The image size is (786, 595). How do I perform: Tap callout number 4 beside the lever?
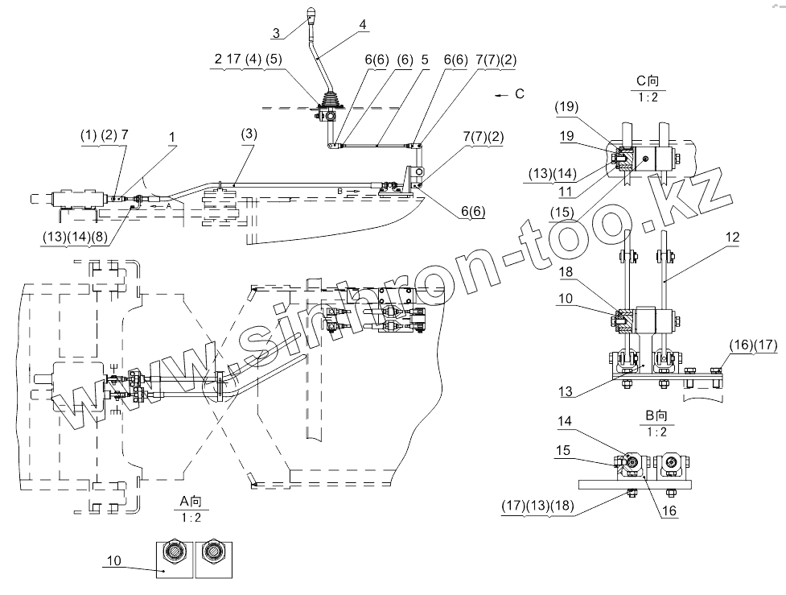click(363, 25)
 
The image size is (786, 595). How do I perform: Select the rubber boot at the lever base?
click(331, 101)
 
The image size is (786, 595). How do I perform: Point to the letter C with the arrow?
click(519, 94)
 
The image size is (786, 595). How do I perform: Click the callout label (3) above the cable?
click(249, 134)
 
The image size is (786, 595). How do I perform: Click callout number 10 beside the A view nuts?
click(113, 560)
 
